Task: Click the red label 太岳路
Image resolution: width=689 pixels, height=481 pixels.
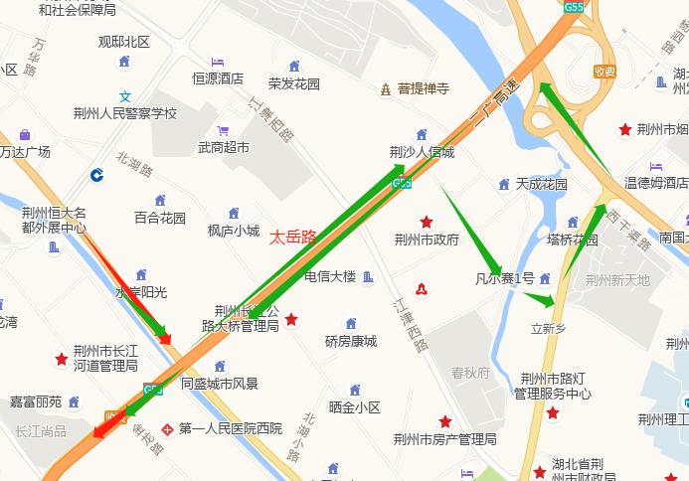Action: click(x=293, y=237)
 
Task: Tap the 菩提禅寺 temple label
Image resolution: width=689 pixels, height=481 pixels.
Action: click(x=424, y=88)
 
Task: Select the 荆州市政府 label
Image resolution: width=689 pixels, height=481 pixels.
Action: click(x=427, y=239)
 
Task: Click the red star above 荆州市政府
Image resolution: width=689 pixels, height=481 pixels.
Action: click(x=427, y=222)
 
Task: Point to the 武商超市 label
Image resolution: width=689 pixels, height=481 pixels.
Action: click(x=223, y=147)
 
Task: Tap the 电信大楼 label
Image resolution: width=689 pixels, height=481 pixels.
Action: click(x=330, y=276)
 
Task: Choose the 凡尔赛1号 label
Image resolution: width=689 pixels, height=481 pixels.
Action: click(x=505, y=278)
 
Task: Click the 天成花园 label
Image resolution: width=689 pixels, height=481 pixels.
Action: click(x=541, y=184)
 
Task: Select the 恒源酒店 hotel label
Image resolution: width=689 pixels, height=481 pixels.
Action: click(x=218, y=78)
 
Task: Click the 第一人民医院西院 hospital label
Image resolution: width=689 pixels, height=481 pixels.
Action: click(x=230, y=429)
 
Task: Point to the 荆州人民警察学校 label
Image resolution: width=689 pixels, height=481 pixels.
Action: click(x=125, y=113)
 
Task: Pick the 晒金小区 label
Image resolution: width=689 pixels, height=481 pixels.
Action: click(x=354, y=407)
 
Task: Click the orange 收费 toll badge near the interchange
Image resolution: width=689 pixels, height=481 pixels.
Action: click(x=604, y=72)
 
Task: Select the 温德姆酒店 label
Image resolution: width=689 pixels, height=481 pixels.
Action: click(x=656, y=183)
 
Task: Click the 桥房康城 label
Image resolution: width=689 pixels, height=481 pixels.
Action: click(x=351, y=341)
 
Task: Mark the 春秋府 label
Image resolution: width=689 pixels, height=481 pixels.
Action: click(x=470, y=374)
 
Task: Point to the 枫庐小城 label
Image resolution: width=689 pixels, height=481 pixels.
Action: click(x=234, y=231)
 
